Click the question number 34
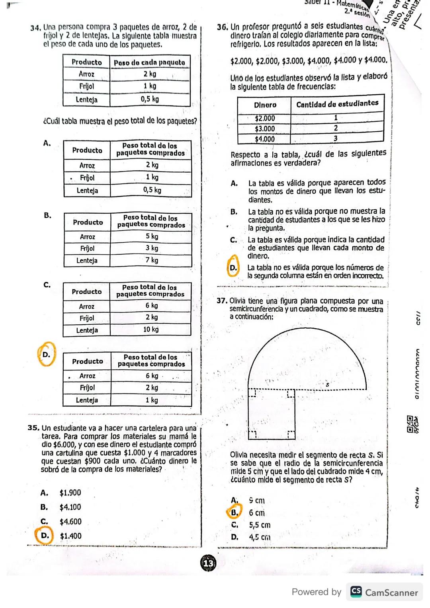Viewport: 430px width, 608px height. [36, 28]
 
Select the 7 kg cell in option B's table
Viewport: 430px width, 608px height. [152, 260]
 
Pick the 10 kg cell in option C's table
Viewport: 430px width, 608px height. [151, 329]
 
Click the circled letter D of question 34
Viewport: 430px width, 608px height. [47, 354]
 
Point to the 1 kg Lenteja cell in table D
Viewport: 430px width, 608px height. [151, 400]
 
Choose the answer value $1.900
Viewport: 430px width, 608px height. [70, 493]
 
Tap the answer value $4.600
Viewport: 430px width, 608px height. [70, 521]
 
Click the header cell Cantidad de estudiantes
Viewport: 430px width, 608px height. [337, 103]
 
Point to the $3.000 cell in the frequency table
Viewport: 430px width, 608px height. [265, 129]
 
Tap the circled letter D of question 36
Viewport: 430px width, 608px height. [233, 268]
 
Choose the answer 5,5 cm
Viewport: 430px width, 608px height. [260, 525]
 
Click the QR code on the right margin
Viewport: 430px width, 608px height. [410, 420]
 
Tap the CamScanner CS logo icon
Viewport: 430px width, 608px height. [356, 592]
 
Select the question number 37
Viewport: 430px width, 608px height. [222, 301]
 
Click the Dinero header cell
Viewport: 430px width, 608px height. [265, 105]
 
